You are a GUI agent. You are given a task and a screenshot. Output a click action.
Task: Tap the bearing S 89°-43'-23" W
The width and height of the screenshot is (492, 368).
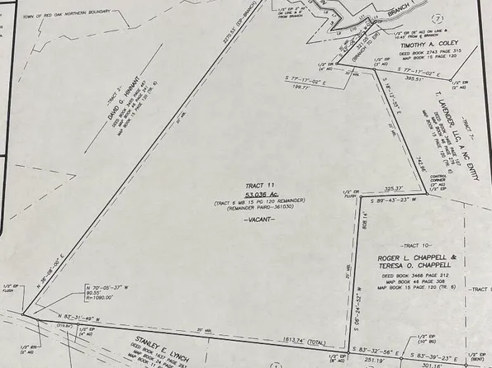pyautogui.click(x=400, y=201)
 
